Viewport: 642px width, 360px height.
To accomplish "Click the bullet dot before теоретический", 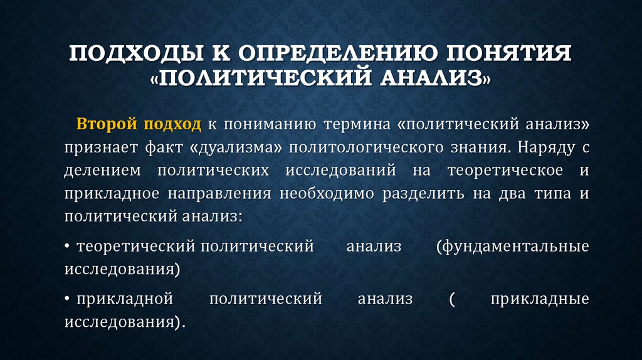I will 66,247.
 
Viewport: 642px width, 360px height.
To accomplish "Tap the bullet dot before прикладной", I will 66,300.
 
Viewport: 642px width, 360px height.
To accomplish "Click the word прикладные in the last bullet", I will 540,299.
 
